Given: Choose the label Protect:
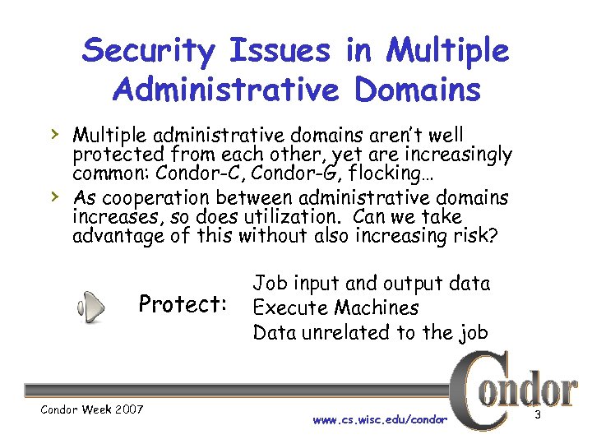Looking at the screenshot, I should pyautogui.click(x=183, y=305).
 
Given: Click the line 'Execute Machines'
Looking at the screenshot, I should pyautogui.click(x=335, y=308).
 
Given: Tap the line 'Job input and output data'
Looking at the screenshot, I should pyautogui.click(x=371, y=284).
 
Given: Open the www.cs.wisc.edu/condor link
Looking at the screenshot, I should pyautogui.click(x=380, y=419).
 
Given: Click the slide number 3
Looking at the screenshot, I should pyautogui.click(x=537, y=414).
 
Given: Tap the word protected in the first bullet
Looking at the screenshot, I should pyautogui.click(x=121, y=154).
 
